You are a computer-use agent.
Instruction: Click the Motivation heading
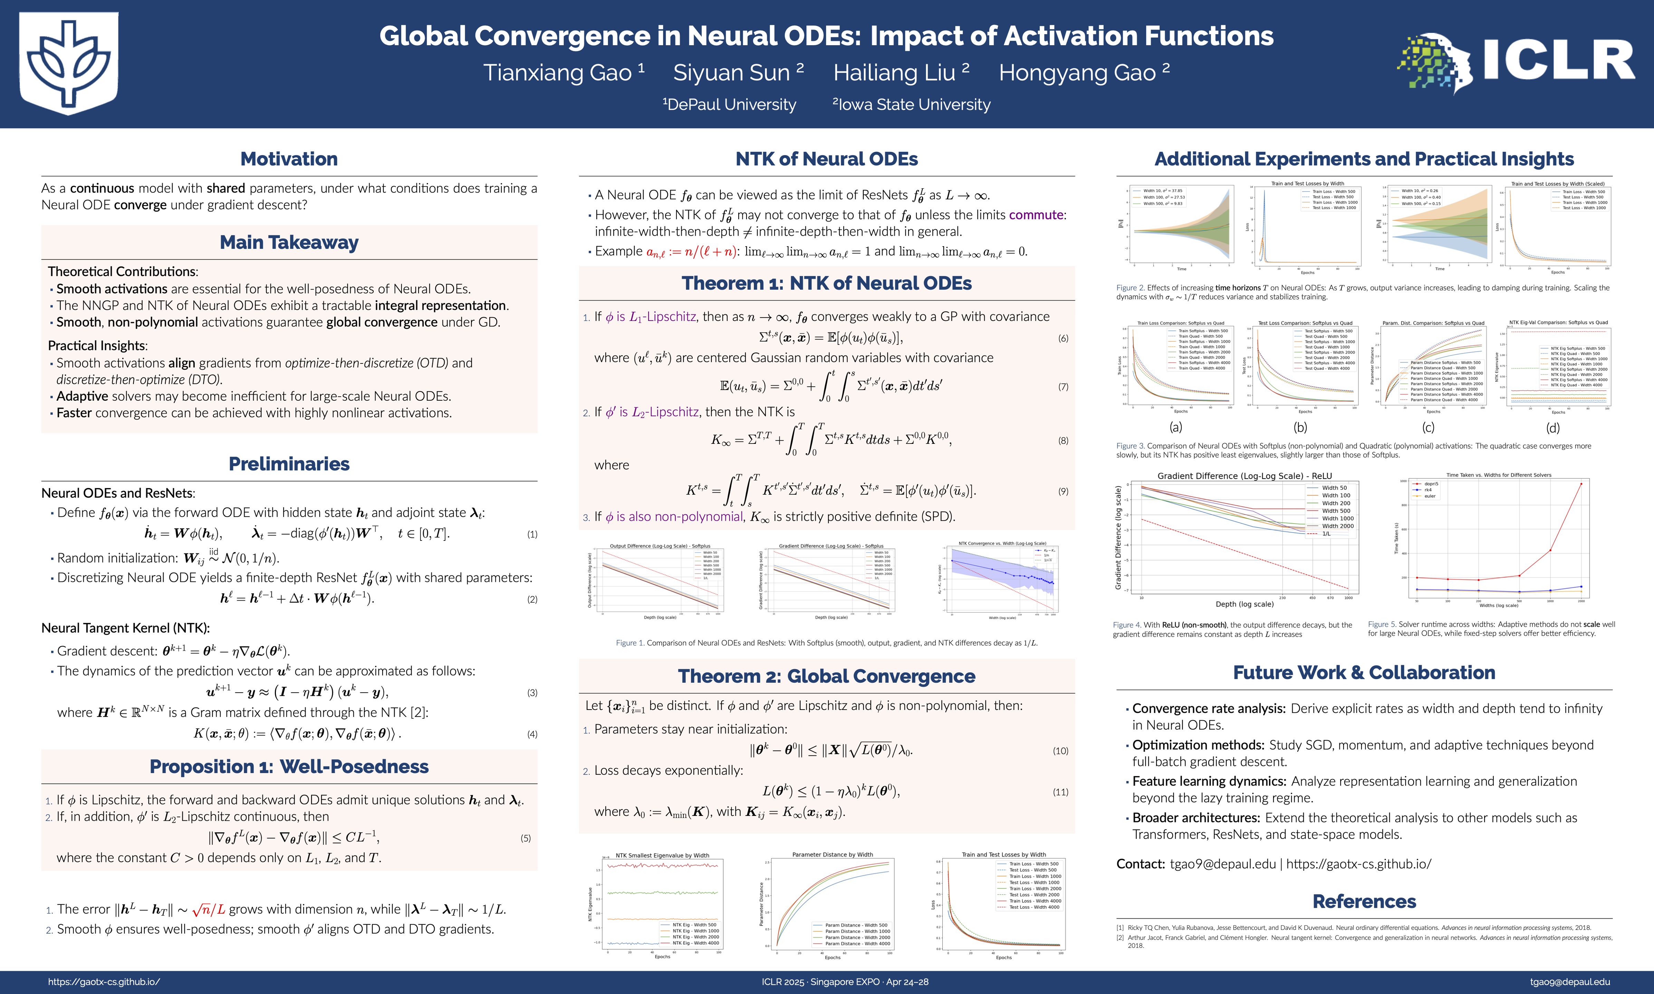pos(289,159)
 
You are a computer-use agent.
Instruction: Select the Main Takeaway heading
pos(289,243)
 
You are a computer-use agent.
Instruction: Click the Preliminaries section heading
pos(289,464)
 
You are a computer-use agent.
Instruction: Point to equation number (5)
pos(526,838)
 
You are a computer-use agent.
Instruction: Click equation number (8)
pos(1063,441)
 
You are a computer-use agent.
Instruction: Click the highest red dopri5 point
pos(1581,484)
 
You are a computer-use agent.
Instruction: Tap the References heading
pos(1364,902)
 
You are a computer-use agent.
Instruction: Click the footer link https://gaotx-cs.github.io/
pos(104,982)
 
